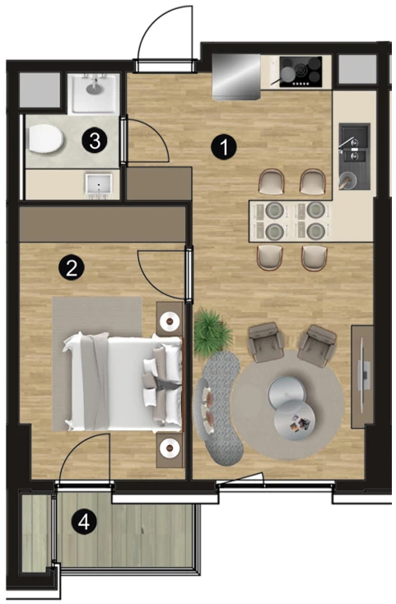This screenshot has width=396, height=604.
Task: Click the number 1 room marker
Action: pyautogui.click(x=224, y=146)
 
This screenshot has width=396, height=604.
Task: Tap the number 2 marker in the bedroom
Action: pyautogui.click(x=72, y=268)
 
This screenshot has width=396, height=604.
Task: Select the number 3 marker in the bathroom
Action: pyautogui.click(x=95, y=141)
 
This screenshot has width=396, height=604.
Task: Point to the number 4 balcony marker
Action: pyautogui.click(x=84, y=523)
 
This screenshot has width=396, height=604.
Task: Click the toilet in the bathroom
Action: pyautogui.click(x=45, y=140)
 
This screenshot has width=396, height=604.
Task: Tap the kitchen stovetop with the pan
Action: pyautogui.click(x=300, y=72)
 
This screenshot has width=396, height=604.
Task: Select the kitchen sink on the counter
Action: pyautogui.click(x=354, y=156)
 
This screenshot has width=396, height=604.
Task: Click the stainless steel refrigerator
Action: pyautogui.click(x=236, y=77)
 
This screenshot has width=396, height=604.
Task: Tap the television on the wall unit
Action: pyautogui.click(x=364, y=375)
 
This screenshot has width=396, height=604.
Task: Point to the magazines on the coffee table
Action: pyautogui.click(x=300, y=423)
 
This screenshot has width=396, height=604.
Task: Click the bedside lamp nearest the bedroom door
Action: pyautogui.click(x=169, y=321)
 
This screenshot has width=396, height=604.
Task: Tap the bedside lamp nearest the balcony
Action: pyautogui.click(x=169, y=448)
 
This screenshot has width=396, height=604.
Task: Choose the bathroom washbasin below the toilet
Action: pyautogui.click(x=99, y=187)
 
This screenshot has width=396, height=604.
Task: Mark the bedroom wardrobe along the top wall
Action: pyautogui.click(x=102, y=225)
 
